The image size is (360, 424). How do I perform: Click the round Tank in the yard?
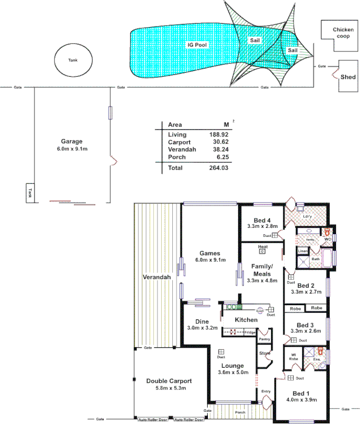pyautogui.click(x=73, y=60)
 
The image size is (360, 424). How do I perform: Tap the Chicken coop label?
pyautogui.click(x=343, y=33)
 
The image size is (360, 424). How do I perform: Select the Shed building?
pyautogui.click(x=348, y=76)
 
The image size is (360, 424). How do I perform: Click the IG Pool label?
pyautogui.click(x=197, y=46)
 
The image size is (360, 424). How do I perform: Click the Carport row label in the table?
pyautogui.click(x=179, y=143)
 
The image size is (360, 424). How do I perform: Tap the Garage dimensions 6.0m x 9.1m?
pyautogui.click(x=72, y=149)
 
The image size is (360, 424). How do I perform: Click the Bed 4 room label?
pyautogui.click(x=262, y=220)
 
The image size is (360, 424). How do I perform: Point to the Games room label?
pyautogui.click(x=210, y=253)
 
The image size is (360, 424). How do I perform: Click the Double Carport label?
pyautogui.click(x=169, y=381)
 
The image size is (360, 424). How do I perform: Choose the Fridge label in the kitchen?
pyautogui.click(x=249, y=332)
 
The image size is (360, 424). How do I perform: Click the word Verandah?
pyautogui.click(x=156, y=277)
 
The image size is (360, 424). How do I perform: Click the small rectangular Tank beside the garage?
pyautogui.click(x=30, y=192)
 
